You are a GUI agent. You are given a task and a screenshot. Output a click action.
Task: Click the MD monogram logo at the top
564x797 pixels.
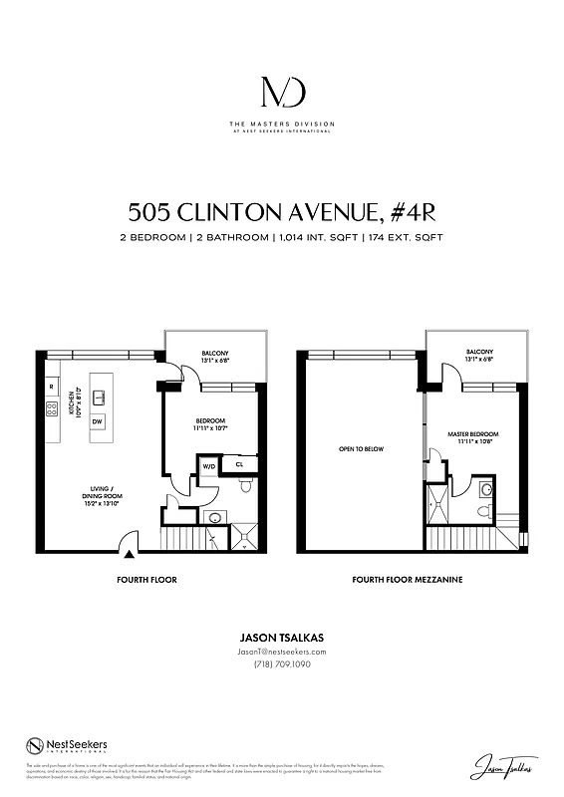tap(282, 93)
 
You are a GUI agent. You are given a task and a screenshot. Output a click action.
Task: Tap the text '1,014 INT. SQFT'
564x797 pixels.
tap(320, 238)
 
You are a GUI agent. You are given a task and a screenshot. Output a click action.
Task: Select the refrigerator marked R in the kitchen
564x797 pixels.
tap(51, 386)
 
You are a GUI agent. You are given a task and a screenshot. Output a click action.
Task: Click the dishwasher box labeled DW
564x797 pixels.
tap(97, 421)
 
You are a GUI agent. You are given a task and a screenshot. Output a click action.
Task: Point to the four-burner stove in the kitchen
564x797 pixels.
tap(51, 408)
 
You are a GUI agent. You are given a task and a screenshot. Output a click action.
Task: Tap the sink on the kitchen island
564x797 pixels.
tap(99, 397)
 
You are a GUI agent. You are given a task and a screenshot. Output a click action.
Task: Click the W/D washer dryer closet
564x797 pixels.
tap(209, 464)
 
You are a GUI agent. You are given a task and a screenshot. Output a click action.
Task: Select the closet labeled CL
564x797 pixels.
tap(240, 464)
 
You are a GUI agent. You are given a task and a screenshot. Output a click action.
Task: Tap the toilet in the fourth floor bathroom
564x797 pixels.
tap(245, 485)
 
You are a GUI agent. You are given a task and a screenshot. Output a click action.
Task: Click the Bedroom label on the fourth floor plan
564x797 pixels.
tap(210, 424)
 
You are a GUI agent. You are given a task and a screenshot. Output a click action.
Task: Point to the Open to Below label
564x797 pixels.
tap(361, 449)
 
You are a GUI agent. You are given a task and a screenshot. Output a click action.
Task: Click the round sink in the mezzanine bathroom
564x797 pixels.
tap(485, 489)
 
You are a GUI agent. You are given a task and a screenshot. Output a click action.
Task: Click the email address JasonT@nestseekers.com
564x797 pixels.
tap(282, 652)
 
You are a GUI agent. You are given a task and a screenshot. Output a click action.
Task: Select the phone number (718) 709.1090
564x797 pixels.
tap(282, 664)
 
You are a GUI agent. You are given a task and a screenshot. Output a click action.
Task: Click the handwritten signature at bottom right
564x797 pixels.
tap(501, 767)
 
